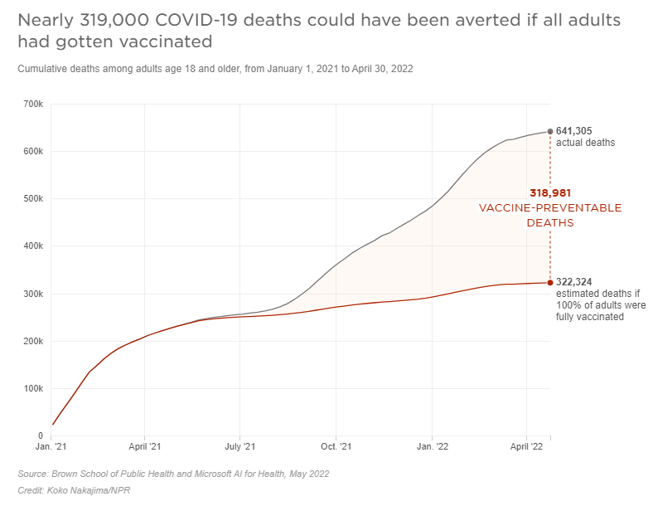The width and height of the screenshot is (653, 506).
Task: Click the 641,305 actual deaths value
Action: [574, 131]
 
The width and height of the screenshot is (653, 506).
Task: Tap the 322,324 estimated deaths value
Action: [574, 282]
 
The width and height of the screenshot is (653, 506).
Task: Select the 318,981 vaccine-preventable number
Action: [550, 193]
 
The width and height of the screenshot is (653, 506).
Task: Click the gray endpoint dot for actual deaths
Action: [550, 131]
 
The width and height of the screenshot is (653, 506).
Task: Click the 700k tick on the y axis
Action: [33, 105]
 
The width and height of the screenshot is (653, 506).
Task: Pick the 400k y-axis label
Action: [33, 246]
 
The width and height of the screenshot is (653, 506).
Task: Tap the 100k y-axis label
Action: [33, 388]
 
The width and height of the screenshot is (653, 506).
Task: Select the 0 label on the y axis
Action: [39, 435]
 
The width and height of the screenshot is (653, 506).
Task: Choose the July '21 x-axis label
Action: [239, 447]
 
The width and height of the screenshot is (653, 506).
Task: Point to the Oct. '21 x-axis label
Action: [336, 447]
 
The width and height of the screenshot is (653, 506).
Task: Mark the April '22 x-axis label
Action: [526, 447]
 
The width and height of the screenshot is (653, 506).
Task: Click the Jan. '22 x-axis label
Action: [432, 447]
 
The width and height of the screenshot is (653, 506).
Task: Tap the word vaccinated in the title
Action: [155, 41]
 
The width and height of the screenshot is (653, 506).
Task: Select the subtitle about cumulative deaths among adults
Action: [215, 69]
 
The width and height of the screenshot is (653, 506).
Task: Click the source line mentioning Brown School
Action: [173, 474]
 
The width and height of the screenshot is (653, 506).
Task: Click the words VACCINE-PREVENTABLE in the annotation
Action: [550, 208]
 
